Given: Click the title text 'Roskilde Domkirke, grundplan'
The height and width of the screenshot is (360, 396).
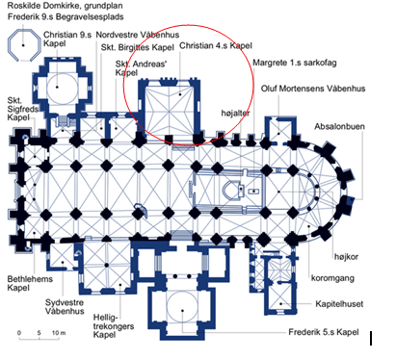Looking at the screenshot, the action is point(65,6).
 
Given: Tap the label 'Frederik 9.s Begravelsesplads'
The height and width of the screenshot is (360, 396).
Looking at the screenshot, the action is point(66,16).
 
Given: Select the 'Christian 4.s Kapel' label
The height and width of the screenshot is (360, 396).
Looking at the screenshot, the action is point(216,45).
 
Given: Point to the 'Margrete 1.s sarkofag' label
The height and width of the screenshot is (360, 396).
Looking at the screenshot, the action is point(295,63).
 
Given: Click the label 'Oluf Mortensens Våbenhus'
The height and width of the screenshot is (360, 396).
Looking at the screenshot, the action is point(313,89).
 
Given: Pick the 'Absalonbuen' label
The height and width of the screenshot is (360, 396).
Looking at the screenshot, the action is point(339,126).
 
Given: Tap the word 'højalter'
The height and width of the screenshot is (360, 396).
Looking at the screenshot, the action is point(235,113).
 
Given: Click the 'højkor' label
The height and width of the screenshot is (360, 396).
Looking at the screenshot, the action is point(346,257).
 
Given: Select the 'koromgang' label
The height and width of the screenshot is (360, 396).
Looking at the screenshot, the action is point(332,278).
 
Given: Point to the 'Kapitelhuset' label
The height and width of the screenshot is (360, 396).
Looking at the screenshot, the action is point(339,304).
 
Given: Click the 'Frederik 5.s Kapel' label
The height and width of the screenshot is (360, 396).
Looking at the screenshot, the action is point(324,332).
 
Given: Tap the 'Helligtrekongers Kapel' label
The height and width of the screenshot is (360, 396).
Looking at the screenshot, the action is point(114,326).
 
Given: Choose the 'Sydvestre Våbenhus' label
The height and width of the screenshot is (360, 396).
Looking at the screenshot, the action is point(65,307).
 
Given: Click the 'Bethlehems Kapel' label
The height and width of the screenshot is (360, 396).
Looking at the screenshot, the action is point(30,283).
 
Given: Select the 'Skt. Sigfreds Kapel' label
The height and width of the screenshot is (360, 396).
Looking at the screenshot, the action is point(23,109).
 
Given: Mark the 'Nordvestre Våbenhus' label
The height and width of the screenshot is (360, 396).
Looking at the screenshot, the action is point(138,35).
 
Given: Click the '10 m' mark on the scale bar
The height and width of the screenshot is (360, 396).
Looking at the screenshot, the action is point(59,333).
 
